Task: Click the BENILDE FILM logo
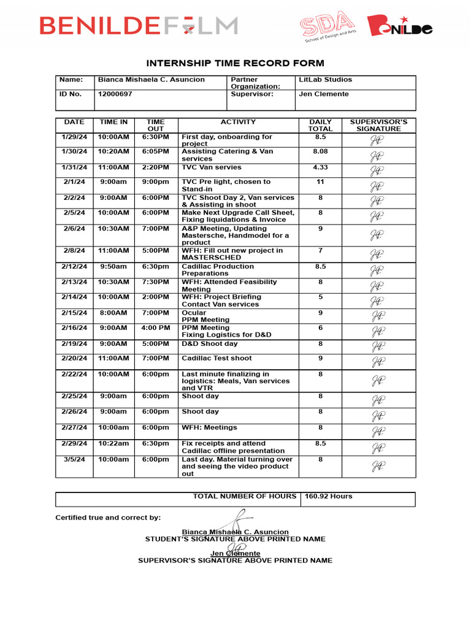point(139,25)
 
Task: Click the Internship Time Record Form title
point(235,63)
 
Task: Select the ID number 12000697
point(115,94)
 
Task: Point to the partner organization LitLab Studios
point(325,80)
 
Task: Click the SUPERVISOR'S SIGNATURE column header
point(378,125)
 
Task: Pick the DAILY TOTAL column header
point(320,125)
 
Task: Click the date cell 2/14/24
point(75,297)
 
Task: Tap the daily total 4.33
point(320,167)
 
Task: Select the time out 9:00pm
point(156,182)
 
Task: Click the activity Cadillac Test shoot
point(216,358)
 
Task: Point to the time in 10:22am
point(113,443)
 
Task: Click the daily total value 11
point(320,182)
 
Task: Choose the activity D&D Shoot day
point(210,344)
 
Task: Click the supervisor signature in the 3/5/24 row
point(378,467)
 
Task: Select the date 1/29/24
point(75,137)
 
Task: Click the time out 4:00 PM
point(156,328)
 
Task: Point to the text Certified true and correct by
point(108,518)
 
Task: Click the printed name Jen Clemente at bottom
point(235,553)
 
